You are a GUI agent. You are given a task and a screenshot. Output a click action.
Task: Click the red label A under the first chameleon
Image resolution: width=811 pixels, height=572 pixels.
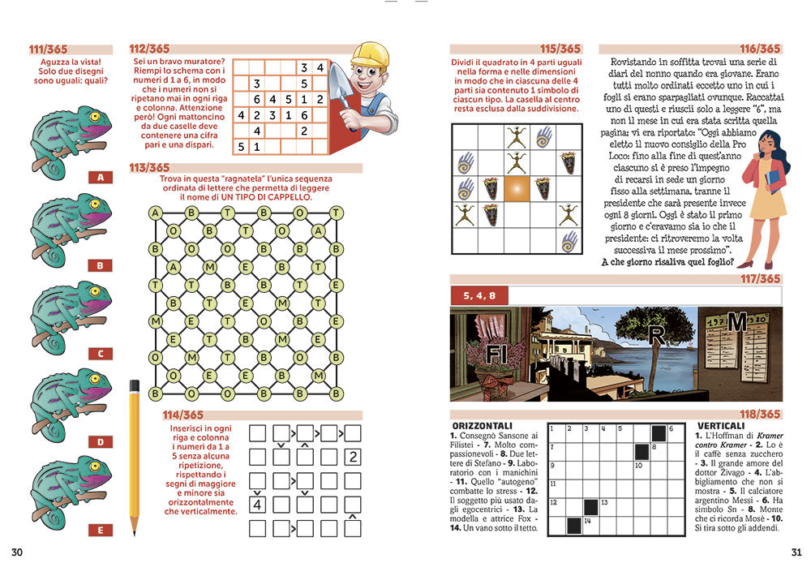101,177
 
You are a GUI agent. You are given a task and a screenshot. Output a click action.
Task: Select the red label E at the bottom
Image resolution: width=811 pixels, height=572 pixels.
101,531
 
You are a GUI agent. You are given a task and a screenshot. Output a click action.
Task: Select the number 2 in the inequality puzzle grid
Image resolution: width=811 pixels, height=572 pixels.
353,457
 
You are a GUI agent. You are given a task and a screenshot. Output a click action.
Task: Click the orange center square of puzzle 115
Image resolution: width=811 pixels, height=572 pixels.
517,190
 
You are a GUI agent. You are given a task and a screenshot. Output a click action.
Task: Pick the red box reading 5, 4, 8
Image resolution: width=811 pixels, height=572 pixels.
480,295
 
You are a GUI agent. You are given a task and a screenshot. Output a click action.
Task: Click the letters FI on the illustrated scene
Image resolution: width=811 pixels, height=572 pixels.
496,355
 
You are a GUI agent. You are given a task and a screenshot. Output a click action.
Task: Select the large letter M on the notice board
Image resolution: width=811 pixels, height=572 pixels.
736,322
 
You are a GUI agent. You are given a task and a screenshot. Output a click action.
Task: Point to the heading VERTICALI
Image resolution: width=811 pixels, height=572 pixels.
720,425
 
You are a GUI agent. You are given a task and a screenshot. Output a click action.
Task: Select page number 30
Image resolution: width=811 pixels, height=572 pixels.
17,553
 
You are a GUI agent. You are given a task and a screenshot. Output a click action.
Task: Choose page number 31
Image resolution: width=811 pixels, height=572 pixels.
796,553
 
